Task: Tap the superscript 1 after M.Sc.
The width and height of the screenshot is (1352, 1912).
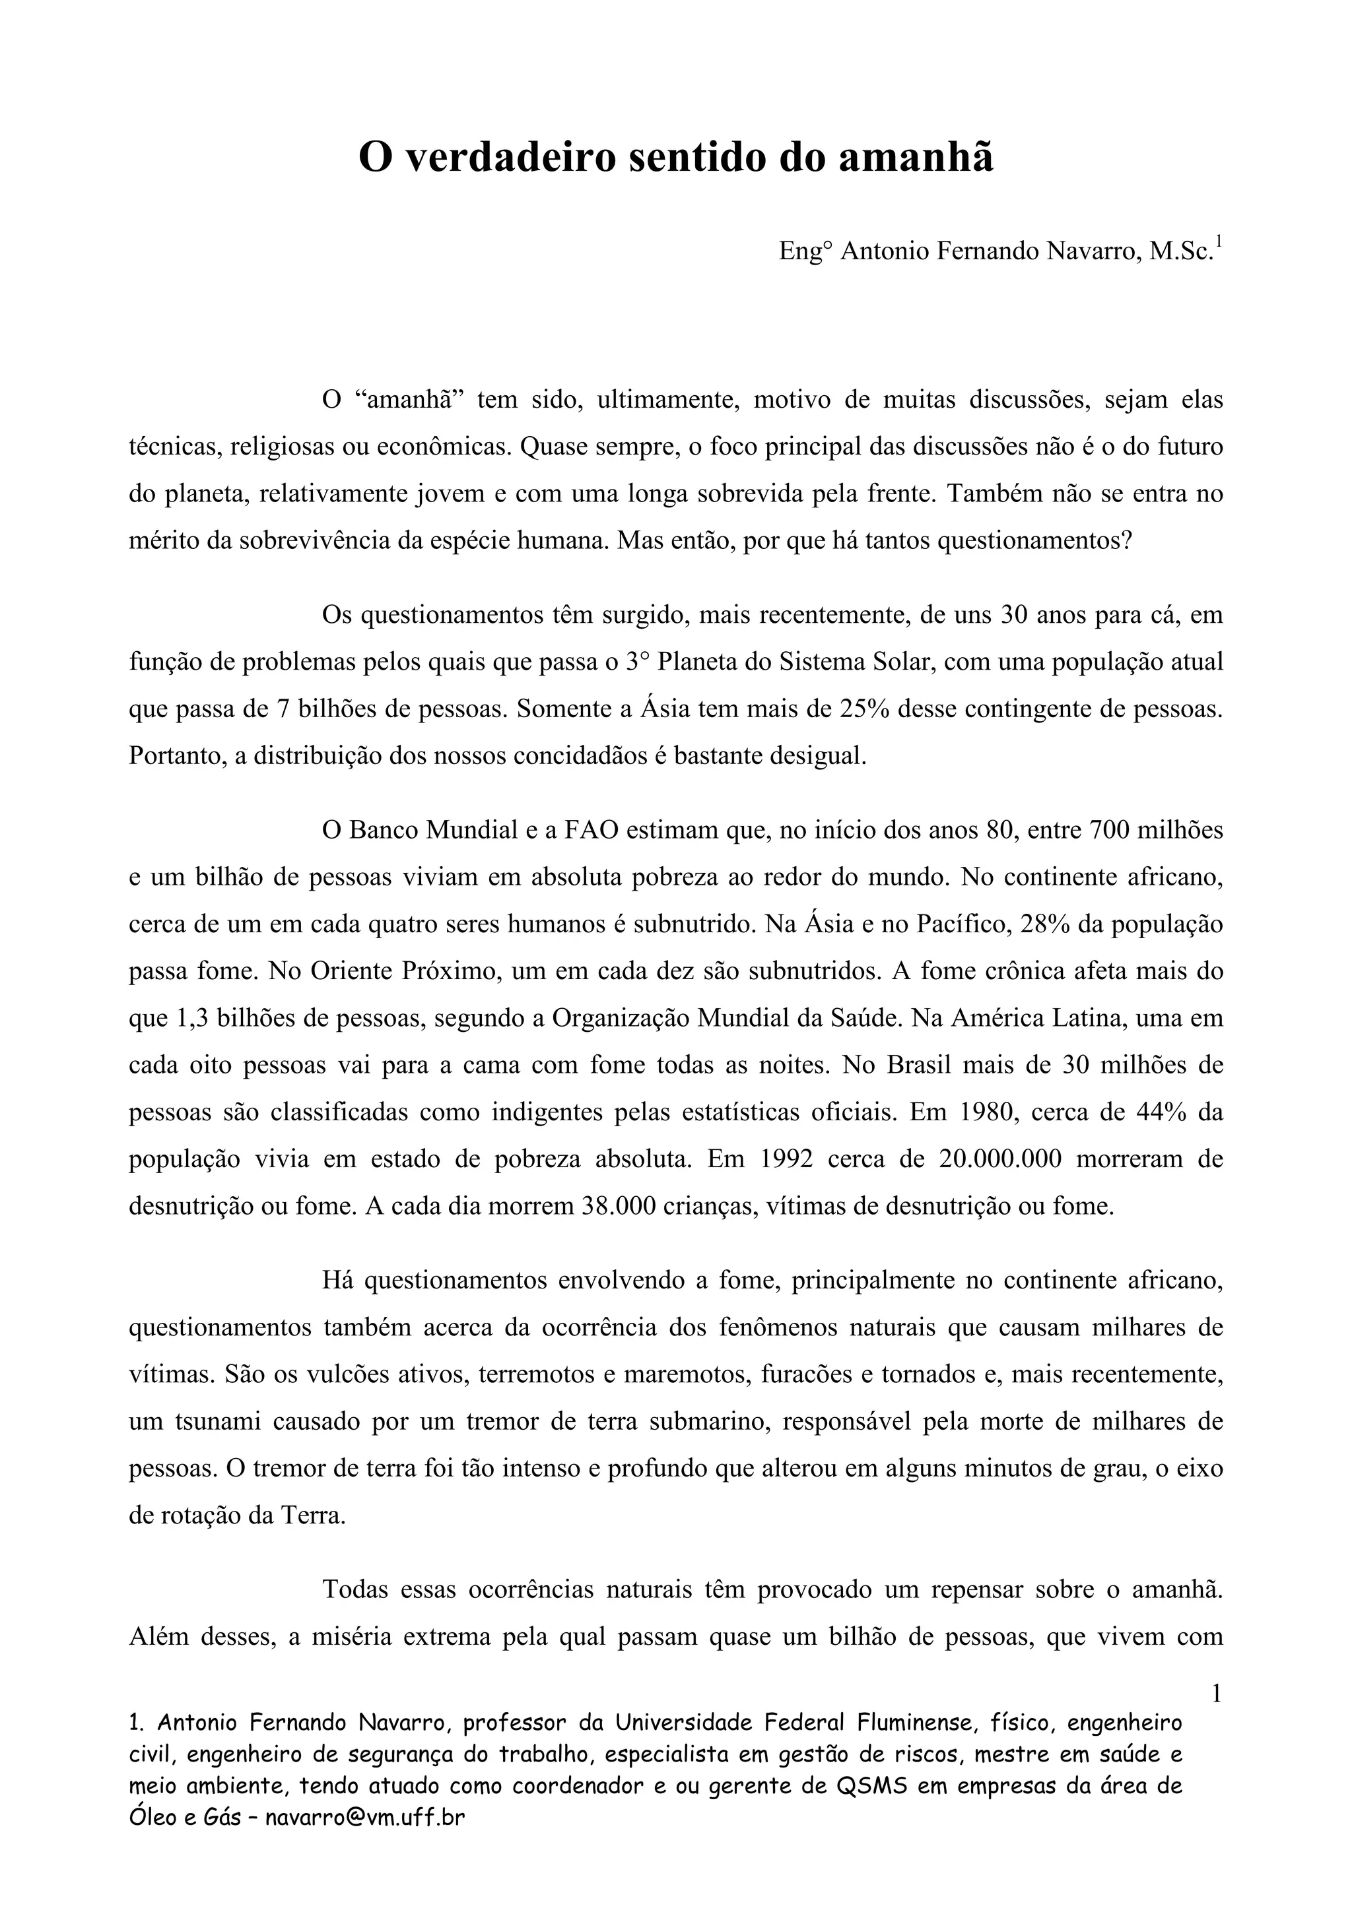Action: pos(1219,242)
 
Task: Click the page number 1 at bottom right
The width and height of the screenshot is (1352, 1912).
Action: pos(1216,1693)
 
